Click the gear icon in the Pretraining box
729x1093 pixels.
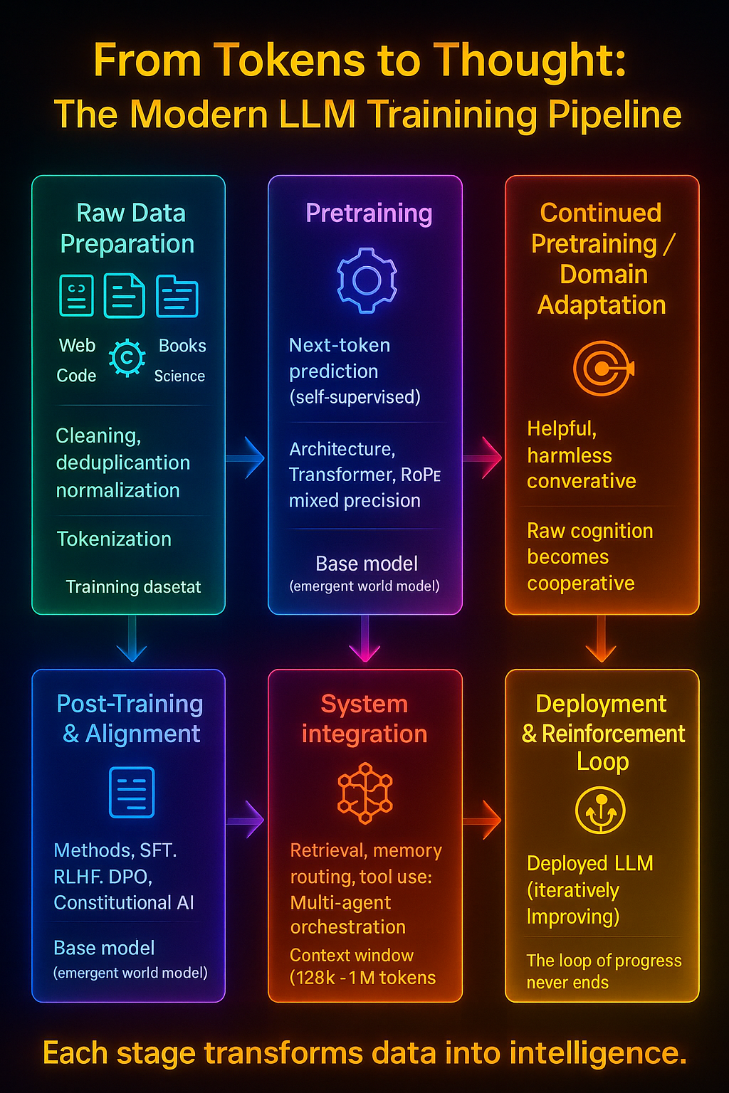[x=367, y=280]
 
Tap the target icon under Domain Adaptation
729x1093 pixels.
[x=603, y=368]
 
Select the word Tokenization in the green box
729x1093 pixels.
[x=114, y=539]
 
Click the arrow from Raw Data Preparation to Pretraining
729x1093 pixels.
[x=246, y=458]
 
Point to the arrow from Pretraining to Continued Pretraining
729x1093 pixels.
[x=483, y=458]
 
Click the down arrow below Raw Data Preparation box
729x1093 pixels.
[x=132, y=639]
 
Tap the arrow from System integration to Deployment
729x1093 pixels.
[x=483, y=820]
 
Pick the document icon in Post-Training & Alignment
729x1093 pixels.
[x=132, y=792]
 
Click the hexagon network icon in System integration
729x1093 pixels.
[x=365, y=793]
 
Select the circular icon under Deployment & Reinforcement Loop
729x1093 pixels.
[x=600, y=810]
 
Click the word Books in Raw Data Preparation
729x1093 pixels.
[x=182, y=346]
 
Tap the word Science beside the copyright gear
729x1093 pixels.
[x=179, y=376]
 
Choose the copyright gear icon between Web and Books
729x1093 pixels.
[x=127, y=357]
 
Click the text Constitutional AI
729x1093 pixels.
[x=124, y=902]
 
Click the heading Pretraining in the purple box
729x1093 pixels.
[x=369, y=213]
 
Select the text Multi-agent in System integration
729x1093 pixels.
[x=340, y=902]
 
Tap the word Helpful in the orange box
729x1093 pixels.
[x=561, y=428]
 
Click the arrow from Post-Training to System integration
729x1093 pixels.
[x=246, y=820]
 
